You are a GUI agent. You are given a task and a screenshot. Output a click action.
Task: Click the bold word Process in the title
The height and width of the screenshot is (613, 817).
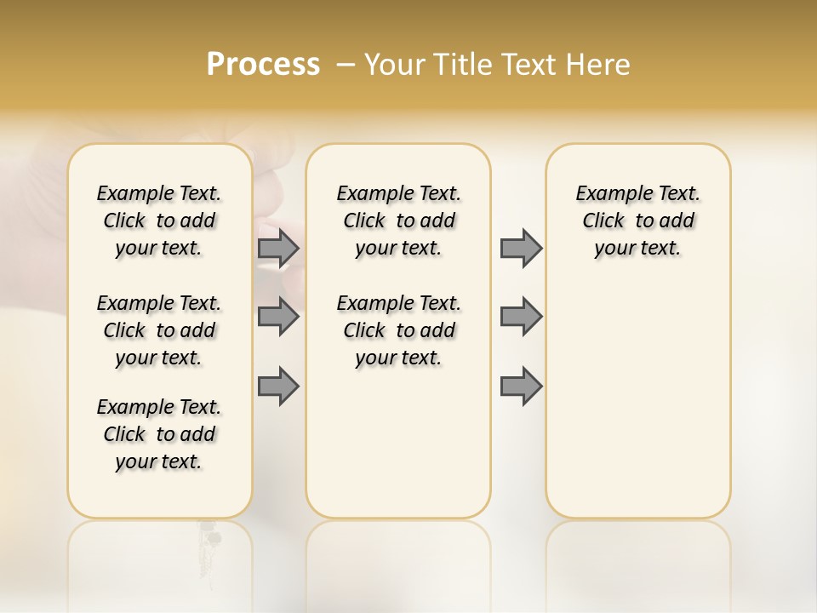tap(263, 65)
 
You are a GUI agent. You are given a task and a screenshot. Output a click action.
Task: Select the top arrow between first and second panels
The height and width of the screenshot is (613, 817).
tap(278, 248)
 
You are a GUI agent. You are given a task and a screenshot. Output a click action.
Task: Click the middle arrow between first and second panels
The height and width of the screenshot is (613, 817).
tap(278, 317)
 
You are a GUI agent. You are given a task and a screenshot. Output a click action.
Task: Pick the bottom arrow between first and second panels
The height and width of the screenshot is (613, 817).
tap(278, 387)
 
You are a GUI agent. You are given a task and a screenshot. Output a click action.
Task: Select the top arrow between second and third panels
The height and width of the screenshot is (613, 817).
tap(521, 248)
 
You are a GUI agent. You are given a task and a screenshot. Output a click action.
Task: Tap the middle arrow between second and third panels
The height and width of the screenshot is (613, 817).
tap(521, 317)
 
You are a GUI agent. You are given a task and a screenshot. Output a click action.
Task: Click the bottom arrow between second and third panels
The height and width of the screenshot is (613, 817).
tap(521, 387)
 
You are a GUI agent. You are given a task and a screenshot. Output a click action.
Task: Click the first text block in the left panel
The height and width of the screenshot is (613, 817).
tap(159, 221)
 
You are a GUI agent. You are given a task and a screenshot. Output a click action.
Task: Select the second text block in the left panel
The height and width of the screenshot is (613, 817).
tap(159, 330)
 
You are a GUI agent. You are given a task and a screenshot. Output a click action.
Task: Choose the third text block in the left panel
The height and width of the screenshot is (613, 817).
tap(159, 434)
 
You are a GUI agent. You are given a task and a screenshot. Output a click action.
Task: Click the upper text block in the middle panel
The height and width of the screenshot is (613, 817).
tap(398, 221)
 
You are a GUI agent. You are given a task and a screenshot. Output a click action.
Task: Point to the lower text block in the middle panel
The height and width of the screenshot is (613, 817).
tap(398, 330)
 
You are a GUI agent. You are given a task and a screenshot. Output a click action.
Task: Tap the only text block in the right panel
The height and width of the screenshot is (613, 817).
tap(637, 221)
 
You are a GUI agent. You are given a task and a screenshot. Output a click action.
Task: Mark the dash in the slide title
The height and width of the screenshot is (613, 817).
tap(346, 65)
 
